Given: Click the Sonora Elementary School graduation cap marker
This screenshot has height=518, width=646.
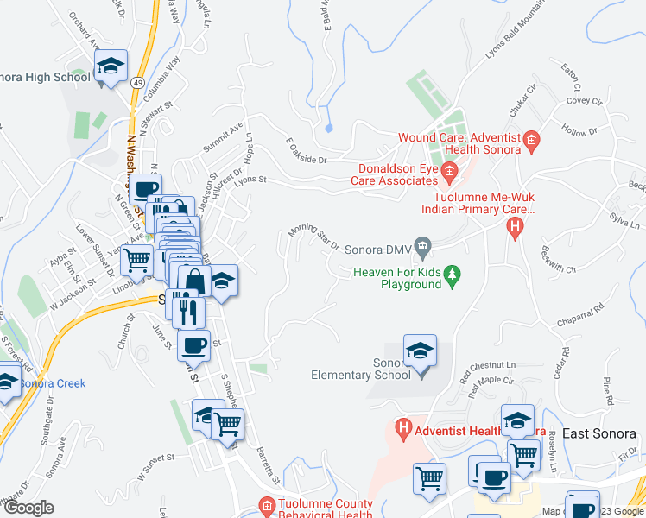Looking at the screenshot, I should coord(421,351).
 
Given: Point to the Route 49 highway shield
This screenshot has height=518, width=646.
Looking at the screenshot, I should coord(138,83).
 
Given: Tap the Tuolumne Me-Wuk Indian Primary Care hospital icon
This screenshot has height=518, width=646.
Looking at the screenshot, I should coord(515,228).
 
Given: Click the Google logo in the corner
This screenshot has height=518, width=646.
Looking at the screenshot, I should coord(28,508).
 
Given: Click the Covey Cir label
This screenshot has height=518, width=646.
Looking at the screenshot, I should coord(584,101).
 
